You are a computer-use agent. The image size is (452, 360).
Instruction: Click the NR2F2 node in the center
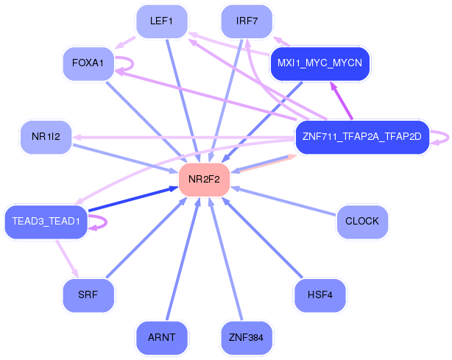click(204, 179)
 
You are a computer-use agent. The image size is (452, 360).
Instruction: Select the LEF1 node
click(161, 21)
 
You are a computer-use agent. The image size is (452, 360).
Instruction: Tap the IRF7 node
click(247, 21)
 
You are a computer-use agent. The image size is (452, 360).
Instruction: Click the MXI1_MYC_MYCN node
click(320, 63)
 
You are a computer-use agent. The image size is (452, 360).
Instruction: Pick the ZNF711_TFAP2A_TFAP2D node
click(361, 136)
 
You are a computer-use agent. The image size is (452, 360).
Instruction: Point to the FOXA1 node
click(88, 63)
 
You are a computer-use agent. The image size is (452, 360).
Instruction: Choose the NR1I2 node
click(46, 136)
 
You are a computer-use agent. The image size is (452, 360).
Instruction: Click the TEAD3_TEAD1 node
click(46, 221)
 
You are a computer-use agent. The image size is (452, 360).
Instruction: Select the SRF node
click(88, 294)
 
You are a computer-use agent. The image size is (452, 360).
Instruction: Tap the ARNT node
click(161, 337)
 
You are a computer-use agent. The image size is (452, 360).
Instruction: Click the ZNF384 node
click(247, 337)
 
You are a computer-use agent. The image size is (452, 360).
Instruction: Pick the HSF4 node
click(319, 294)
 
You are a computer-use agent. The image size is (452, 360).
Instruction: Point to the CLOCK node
click(361, 221)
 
